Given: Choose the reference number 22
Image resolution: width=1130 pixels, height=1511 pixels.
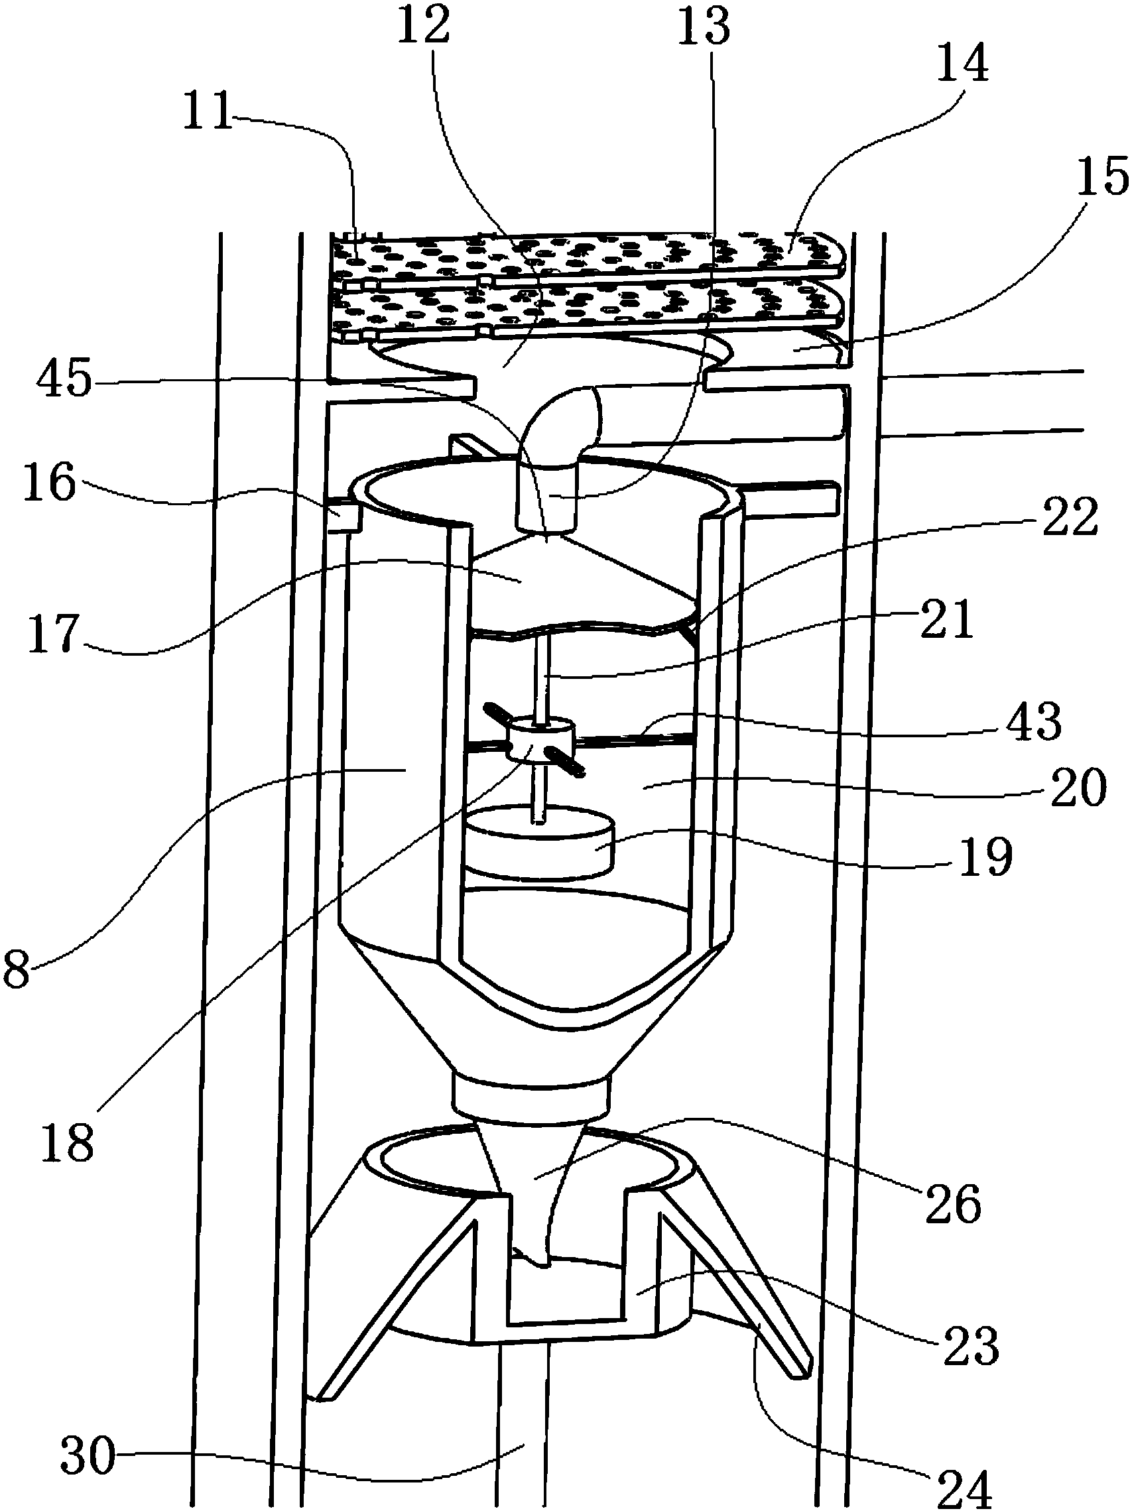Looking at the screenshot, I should (1070, 517).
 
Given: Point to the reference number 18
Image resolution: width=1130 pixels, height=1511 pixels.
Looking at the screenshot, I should (67, 1140).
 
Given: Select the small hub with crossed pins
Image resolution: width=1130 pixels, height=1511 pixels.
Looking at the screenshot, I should (540, 740).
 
